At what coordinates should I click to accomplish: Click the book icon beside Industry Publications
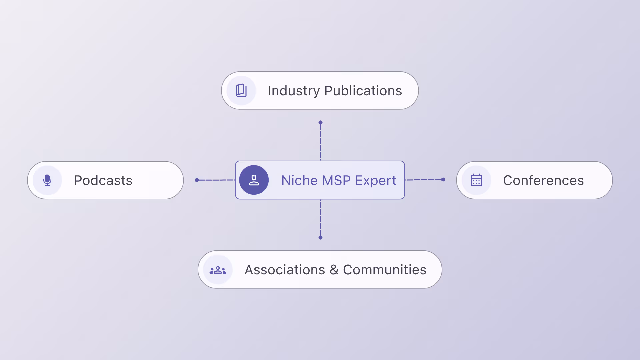point(241,91)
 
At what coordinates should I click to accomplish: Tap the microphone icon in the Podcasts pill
point(47,180)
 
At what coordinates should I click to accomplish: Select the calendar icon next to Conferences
point(476,180)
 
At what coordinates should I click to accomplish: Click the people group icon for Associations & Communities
point(218,270)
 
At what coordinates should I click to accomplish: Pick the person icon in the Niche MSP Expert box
point(254,180)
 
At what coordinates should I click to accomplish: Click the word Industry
point(294,91)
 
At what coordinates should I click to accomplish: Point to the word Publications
point(363,91)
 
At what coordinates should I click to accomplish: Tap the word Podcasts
point(103,180)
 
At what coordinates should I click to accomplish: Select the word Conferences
point(543,180)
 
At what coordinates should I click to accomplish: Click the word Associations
point(285,270)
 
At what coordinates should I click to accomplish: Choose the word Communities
point(385,270)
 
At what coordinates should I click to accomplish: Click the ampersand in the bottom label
point(334,270)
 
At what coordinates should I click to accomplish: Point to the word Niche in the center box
point(300,180)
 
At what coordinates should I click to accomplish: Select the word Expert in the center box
point(376,180)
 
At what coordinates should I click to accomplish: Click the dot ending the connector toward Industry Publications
point(320,122)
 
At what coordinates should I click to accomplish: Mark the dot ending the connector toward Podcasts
point(197,180)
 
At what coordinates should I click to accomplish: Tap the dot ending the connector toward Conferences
point(443,179)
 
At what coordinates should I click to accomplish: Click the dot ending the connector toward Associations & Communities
point(320,238)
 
